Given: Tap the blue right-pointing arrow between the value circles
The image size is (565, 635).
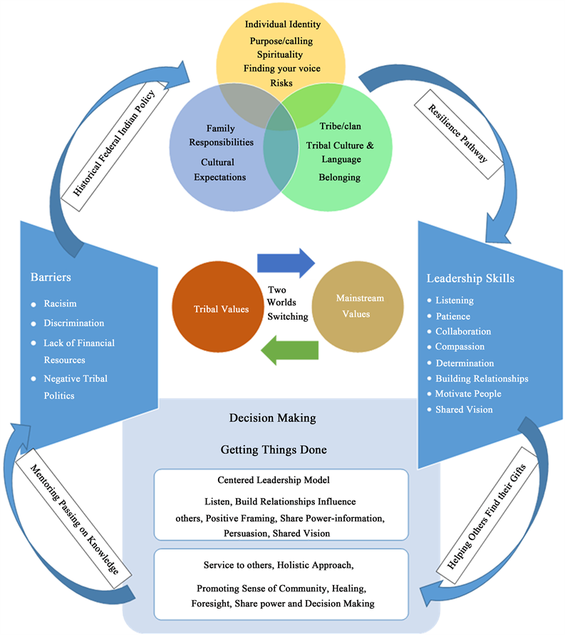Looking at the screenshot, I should pos(285,263).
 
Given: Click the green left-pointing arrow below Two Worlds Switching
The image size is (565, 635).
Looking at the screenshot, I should pos(289,350).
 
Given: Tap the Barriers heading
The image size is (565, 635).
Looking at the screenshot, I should pos(51,277).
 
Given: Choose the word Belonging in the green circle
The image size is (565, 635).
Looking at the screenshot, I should pos(339,176).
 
